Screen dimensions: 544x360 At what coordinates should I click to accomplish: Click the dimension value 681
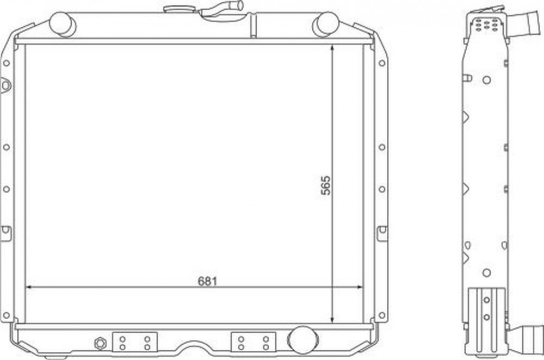click(x=207, y=281)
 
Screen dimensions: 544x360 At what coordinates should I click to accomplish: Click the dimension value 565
click(x=326, y=185)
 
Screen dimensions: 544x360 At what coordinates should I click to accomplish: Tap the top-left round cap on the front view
click(x=63, y=24)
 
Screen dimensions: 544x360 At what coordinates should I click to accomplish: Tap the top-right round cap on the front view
click(x=325, y=24)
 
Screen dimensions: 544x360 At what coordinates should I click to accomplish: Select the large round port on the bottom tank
click(x=302, y=340)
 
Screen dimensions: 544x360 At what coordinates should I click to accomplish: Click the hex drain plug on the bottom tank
click(x=100, y=343)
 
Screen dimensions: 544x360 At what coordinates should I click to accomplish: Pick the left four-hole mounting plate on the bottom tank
click(x=135, y=342)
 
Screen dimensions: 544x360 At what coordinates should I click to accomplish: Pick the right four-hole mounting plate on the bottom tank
click(x=254, y=342)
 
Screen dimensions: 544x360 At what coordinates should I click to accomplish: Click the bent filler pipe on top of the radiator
click(x=221, y=9)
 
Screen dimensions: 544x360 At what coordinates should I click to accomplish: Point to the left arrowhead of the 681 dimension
click(x=29, y=287)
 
